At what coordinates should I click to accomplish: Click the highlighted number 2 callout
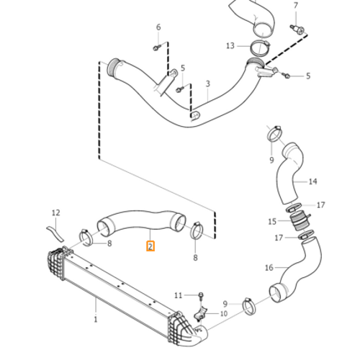[x=150, y=246]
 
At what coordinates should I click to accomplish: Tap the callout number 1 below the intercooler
[x=96, y=318]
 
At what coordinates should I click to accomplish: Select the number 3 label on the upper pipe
[x=207, y=84]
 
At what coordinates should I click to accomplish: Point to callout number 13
[x=230, y=46]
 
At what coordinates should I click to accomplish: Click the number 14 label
[x=313, y=181]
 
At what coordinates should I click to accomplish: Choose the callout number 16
[x=269, y=268]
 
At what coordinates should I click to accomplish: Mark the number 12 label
[x=55, y=212]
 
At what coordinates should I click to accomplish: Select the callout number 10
[x=224, y=314]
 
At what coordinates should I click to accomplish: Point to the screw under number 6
[x=157, y=48]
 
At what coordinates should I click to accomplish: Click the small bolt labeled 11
[x=201, y=295]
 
